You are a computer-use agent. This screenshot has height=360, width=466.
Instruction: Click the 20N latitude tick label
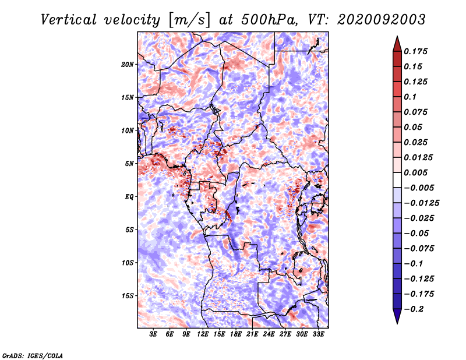point(128,65)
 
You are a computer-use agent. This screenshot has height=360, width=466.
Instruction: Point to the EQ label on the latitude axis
point(129,197)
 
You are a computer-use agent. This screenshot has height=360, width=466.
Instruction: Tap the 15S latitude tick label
point(128,296)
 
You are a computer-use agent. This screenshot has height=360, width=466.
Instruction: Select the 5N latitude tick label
point(129,164)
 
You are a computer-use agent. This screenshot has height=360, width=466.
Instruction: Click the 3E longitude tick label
point(153,334)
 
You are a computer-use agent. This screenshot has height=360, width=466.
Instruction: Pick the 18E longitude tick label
point(236,334)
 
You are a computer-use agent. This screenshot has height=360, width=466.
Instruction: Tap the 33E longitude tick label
point(318,334)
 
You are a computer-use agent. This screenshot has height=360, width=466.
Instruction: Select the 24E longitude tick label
point(269,334)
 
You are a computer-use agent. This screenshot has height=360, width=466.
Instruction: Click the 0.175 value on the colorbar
point(415,51)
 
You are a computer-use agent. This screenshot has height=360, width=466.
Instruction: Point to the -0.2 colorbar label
point(414,309)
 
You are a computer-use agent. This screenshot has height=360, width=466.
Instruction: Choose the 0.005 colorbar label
point(415,172)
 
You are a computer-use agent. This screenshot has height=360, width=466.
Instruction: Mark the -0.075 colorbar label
point(419,249)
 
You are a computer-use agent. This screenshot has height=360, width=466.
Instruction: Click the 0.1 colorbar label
point(410,97)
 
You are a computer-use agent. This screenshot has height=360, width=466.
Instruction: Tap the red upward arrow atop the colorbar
point(397,44)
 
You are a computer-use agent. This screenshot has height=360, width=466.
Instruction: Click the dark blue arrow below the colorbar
point(397,316)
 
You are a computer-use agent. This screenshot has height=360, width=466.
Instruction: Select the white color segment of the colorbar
point(397,180)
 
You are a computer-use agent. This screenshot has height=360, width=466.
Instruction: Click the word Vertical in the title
point(69,20)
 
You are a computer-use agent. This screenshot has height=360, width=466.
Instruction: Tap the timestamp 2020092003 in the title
point(382,20)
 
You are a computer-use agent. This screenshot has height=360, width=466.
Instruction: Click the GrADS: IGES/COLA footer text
point(33,355)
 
